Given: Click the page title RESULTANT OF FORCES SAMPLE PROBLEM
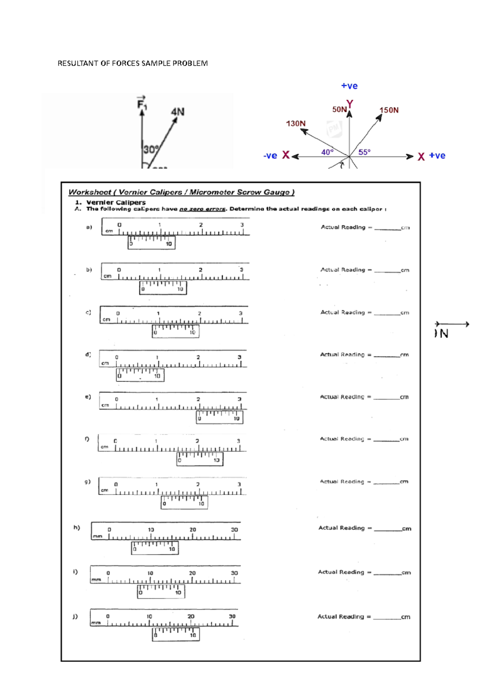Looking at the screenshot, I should coord(132,63).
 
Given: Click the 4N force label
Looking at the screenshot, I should coord(178,112).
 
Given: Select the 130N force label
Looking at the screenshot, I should coord(296,124).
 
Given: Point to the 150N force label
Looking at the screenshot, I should coord(389,110).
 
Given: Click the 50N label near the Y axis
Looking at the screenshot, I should coord(339,109).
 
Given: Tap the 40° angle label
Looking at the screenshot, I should coord(328,152).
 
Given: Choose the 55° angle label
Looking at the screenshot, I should coord(364,152).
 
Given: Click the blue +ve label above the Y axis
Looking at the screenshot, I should coord(349,86).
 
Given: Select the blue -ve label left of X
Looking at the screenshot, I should coord(270,156).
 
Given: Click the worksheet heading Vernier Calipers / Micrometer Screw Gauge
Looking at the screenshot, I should coord(181,192).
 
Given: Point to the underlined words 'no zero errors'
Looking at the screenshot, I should coord(202,209).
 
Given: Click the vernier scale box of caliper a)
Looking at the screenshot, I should coord(151,242).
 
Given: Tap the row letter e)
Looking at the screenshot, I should coord(88,397).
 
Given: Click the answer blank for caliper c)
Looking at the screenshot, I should coord(387,312).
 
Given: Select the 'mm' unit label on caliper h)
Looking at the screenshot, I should coord(97,536).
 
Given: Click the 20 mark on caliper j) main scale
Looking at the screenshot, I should coord(191,617).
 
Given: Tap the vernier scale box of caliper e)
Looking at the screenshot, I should coord(219,417).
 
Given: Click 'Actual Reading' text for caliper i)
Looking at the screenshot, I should coord(341,572).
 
